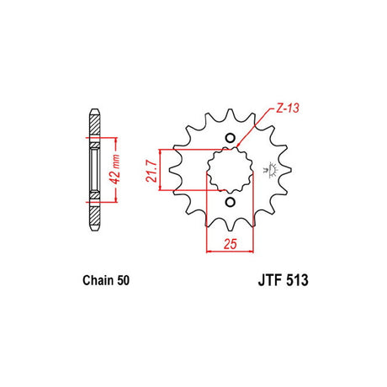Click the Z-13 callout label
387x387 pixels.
(288, 108)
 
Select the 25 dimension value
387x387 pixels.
(231, 244)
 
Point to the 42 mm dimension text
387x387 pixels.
(115, 169)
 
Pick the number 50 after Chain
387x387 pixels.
(123, 280)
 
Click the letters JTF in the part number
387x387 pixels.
(268, 280)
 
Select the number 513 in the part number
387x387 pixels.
(296, 280)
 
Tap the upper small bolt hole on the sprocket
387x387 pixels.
(231, 138)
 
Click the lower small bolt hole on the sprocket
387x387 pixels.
(231, 202)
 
